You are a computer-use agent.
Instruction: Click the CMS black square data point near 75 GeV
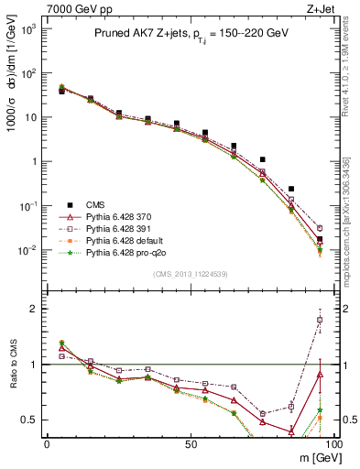263,159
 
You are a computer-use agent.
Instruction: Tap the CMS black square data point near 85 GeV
291,189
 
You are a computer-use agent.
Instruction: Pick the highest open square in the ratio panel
320,320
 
